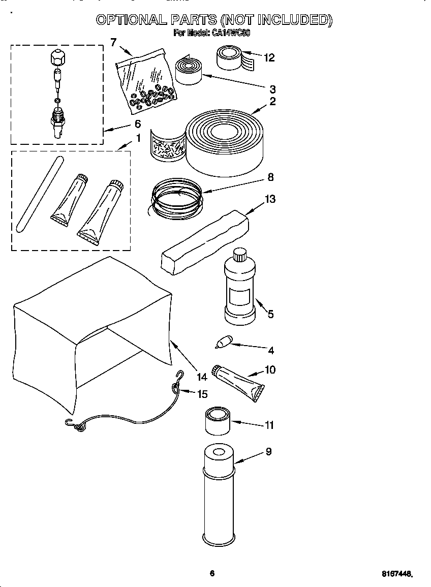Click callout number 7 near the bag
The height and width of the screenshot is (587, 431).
(113, 42)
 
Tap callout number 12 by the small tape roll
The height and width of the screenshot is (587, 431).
(269, 58)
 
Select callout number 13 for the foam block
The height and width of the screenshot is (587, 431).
(270, 199)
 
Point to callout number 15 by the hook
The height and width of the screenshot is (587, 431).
(202, 394)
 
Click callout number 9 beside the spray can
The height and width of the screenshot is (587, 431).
(268, 451)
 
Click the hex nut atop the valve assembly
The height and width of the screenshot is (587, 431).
(57, 57)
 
